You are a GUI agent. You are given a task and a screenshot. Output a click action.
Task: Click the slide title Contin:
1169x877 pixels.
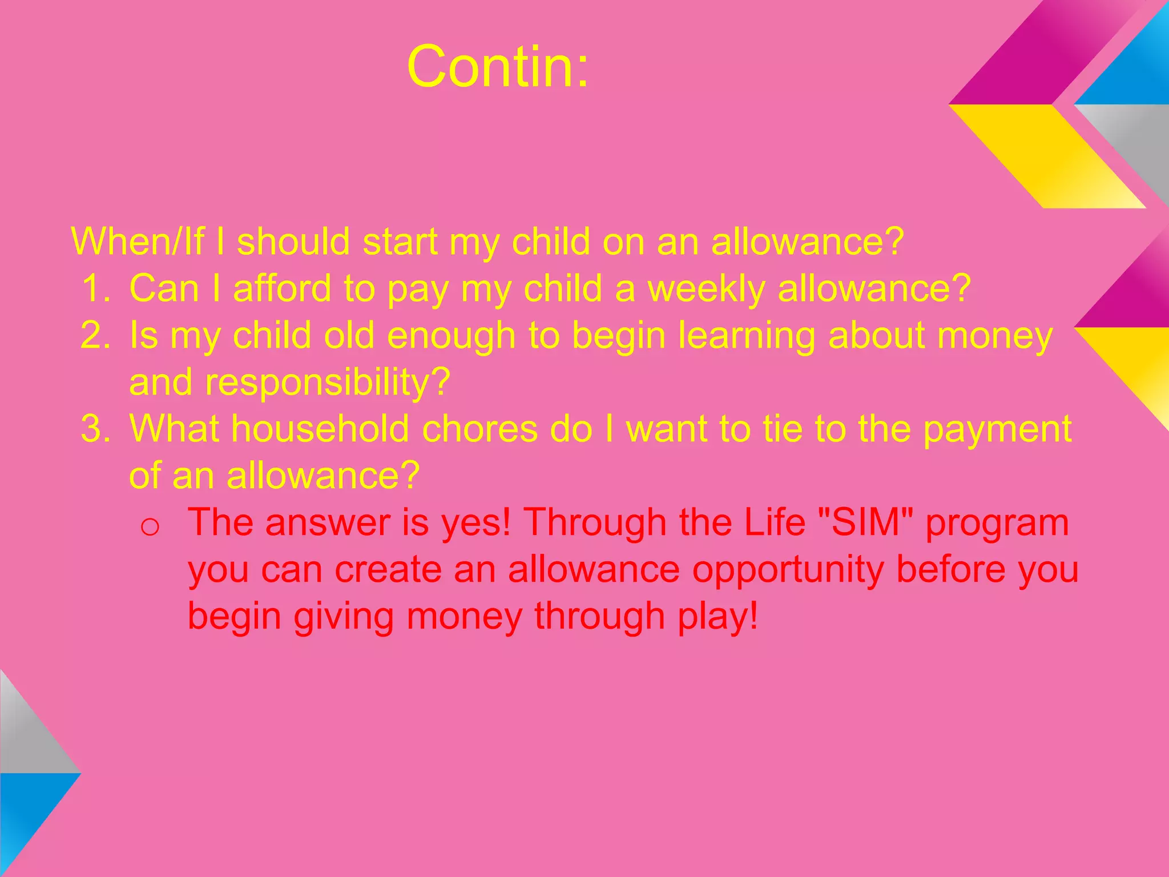[498, 67]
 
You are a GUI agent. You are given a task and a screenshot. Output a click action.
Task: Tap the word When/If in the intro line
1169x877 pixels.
[138, 242]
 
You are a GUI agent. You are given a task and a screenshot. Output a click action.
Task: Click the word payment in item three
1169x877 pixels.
[997, 429]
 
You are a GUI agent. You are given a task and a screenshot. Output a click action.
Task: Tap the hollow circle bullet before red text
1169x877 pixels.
[150, 526]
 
